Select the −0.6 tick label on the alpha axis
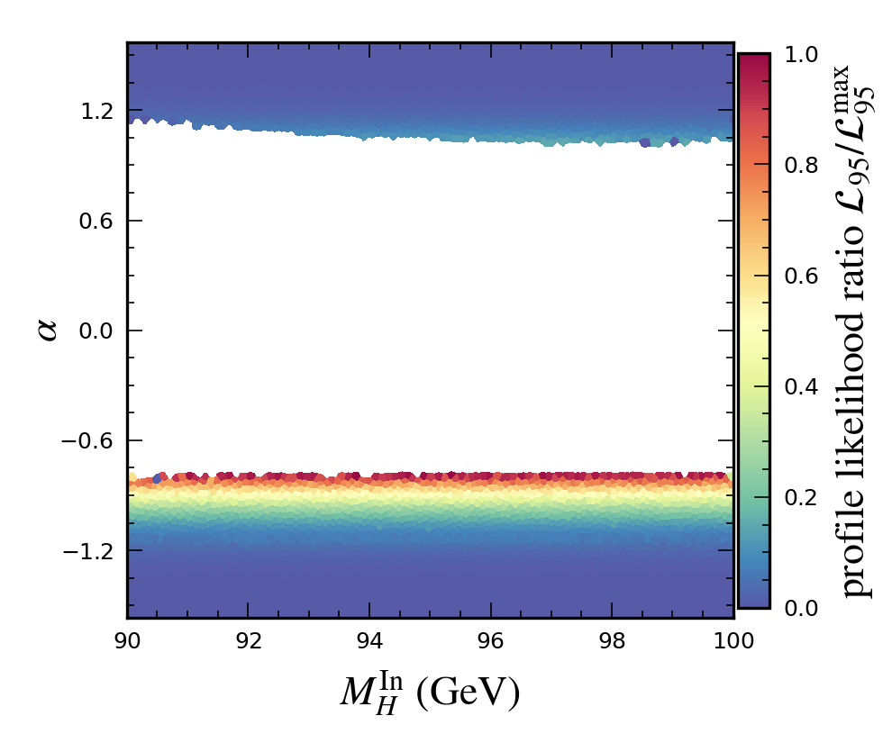[x=94, y=441]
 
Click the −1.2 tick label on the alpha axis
[x=94, y=551]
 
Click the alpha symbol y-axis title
[x=48, y=331]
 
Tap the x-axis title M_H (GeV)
[x=430, y=691]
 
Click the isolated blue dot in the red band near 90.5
[x=158, y=478]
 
